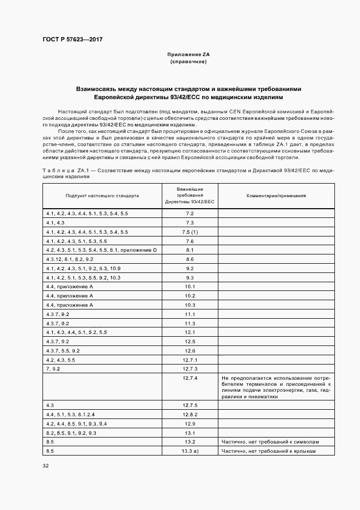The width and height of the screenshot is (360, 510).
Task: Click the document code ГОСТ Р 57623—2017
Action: [72, 40]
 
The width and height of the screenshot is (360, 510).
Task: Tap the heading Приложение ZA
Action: [188, 55]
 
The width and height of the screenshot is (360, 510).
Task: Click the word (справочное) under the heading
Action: [188, 62]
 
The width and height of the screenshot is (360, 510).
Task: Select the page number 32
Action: [45, 465]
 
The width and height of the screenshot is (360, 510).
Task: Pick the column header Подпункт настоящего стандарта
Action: [102, 195]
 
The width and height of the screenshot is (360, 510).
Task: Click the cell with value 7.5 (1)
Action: [190, 232]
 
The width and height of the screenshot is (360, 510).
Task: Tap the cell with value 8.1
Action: [190, 250]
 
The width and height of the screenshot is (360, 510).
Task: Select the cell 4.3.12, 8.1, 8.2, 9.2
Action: [70, 259]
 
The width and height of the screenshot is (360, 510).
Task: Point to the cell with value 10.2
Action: [190, 296]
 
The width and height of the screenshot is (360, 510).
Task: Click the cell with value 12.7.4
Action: [190, 378]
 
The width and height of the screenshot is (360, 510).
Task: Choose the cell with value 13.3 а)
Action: [190, 451]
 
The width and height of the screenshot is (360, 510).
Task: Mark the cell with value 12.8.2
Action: [190, 415]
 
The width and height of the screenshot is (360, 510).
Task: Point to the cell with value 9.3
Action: [190, 277]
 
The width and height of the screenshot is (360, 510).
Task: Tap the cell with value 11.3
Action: [190, 323]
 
